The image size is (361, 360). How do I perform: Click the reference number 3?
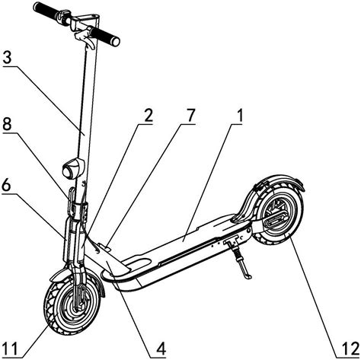[8, 58]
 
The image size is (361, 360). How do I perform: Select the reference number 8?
[7, 125]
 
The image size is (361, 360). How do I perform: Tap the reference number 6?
[7, 186]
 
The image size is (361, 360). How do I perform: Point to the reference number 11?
[10, 349]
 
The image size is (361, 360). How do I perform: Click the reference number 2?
[147, 116]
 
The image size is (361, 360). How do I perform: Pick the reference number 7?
[190, 116]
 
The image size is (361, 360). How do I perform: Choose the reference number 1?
[239, 116]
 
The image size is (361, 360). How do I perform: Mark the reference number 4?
[161, 349]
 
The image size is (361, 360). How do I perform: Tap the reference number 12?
[351, 349]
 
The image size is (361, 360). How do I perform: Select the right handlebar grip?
[105, 37]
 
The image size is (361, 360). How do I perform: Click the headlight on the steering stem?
[73, 168]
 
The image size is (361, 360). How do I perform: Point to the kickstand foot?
[248, 276]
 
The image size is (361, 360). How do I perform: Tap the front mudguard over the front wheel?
[76, 276]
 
